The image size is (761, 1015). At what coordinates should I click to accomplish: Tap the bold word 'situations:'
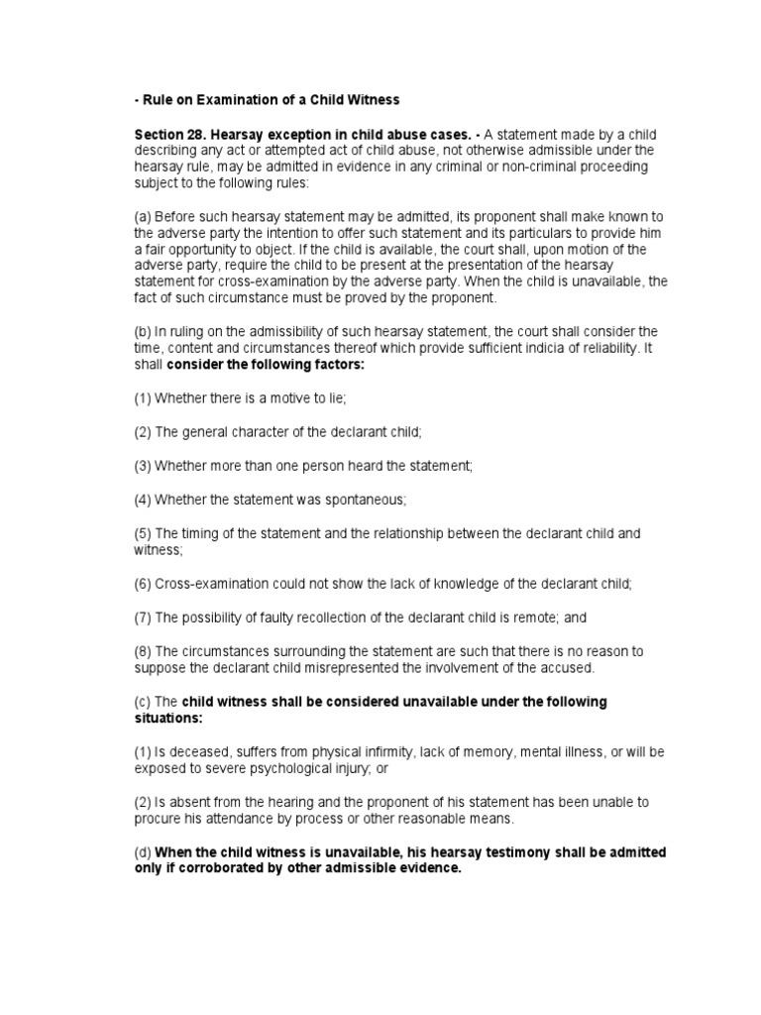[x=169, y=717]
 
